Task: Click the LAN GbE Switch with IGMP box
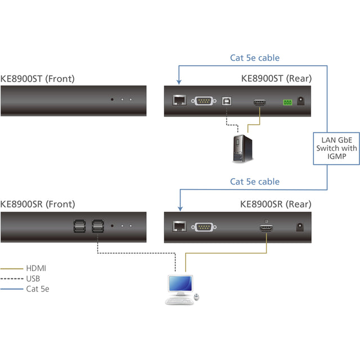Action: click(x=336, y=148)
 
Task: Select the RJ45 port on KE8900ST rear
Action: click(x=180, y=101)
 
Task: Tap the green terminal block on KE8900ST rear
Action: click(x=288, y=102)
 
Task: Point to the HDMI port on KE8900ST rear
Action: click(x=260, y=102)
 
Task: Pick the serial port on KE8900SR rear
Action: click(x=203, y=227)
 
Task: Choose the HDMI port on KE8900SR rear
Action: click(x=265, y=227)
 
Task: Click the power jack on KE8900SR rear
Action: click(x=301, y=227)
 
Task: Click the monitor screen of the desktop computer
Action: click(x=179, y=285)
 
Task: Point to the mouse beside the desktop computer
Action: click(x=196, y=296)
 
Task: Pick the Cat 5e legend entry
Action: click(x=37, y=289)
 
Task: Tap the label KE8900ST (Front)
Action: click(x=38, y=79)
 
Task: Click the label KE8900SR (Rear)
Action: click(x=276, y=204)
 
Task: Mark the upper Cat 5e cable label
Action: click(x=255, y=57)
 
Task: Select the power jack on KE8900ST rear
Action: click(x=301, y=102)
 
